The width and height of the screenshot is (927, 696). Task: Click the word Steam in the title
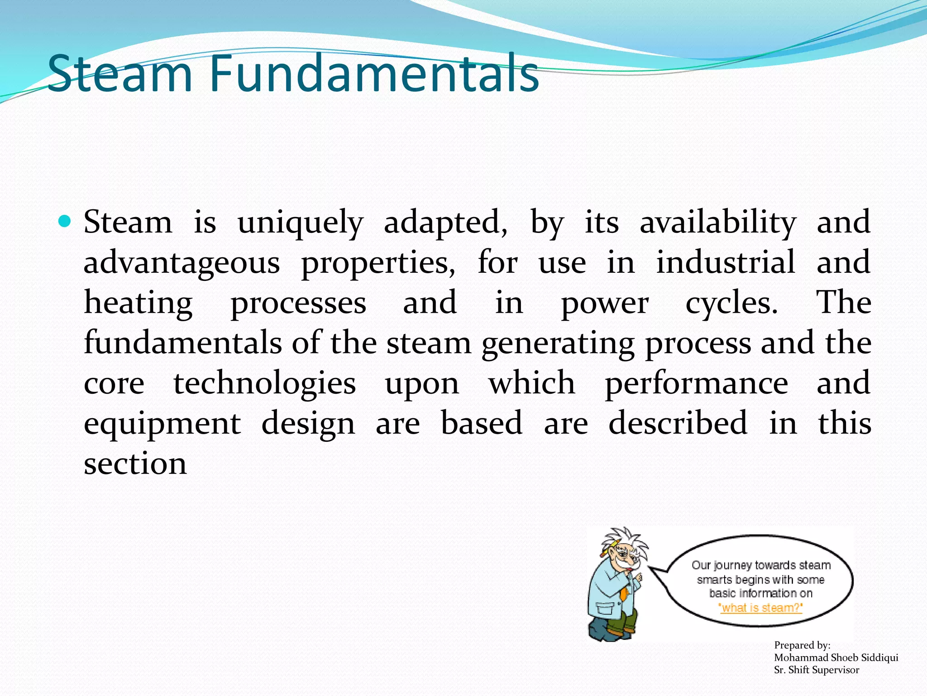pos(120,73)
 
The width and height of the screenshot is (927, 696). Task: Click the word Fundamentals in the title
pos(374,73)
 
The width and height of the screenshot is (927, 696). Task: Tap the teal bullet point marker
pos(65,222)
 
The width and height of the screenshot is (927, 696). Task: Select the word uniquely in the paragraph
pos(300,223)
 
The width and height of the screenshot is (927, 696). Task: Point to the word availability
pos(717,223)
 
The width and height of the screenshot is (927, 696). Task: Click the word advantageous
pos(182,263)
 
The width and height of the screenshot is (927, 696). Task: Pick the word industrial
pos(726,262)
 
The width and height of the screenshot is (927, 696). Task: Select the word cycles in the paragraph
pos(731,303)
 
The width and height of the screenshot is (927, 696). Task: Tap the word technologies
pos(265,384)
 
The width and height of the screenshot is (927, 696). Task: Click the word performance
pos(697,384)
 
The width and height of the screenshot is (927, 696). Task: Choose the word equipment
pos(162,424)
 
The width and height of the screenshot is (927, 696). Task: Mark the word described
pos(678,423)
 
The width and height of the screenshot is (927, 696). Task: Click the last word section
pos(135,464)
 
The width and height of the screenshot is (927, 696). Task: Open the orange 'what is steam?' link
pos(760,608)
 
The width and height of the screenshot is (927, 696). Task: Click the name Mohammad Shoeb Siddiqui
pos(836,657)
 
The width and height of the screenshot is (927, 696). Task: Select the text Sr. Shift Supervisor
pos(816,670)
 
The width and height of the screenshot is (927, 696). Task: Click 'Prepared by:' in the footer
pos(802,645)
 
